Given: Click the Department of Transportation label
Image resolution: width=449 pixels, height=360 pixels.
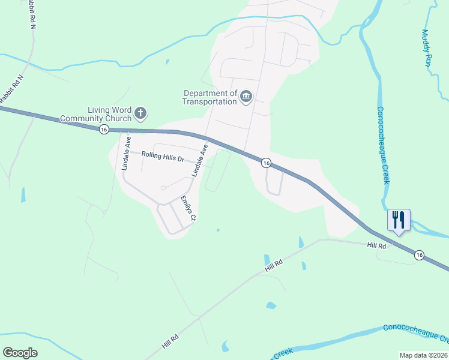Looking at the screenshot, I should (210, 97).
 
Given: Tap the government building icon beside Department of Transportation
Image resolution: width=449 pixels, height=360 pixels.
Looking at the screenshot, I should (246, 97).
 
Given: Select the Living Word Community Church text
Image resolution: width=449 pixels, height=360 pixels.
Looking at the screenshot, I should (109, 114).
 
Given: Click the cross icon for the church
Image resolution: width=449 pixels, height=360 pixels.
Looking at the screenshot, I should (140, 113).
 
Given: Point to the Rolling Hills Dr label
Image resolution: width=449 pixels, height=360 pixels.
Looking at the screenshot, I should (163, 157).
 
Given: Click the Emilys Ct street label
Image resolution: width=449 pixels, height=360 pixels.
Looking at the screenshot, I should (188, 209).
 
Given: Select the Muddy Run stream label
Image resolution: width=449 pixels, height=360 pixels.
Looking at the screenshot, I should (427, 47).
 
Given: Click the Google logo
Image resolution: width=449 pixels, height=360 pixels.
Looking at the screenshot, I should (20, 353).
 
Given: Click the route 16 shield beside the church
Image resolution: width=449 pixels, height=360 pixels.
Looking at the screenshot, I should (104, 130).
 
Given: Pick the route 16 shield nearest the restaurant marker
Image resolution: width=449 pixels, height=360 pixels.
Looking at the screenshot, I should (419, 255).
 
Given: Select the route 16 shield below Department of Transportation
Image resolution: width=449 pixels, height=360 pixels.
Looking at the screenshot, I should (265, 163).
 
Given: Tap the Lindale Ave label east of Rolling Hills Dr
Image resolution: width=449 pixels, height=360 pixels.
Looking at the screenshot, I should (200, 160).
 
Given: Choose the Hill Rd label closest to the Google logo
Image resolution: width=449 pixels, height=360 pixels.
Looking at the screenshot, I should (170, 342).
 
